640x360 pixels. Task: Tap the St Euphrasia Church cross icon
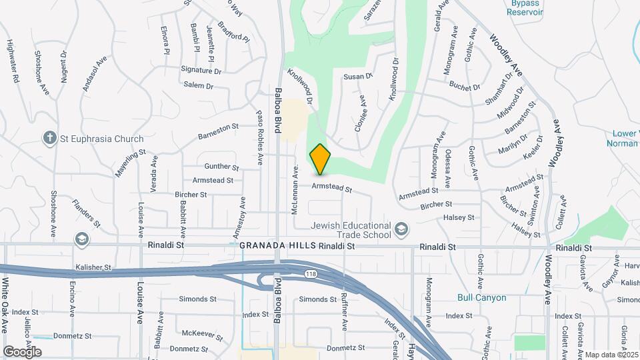(x=49, y=139)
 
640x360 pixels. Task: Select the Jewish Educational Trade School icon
(x=401, y=230)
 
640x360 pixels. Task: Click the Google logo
(x=22, y=351)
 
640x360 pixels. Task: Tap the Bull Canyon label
(x=481, y=297)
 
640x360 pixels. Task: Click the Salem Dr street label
(x=198, y=86)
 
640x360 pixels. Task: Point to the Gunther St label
(x=221, y=167)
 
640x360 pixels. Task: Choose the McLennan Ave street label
(x=294, y=190)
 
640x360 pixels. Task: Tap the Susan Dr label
(x=357, y=77)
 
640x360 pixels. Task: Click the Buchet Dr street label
(x=465, y=87)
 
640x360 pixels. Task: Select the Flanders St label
(x=87, y=212)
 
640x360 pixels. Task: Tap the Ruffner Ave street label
(x=345, y=312)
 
